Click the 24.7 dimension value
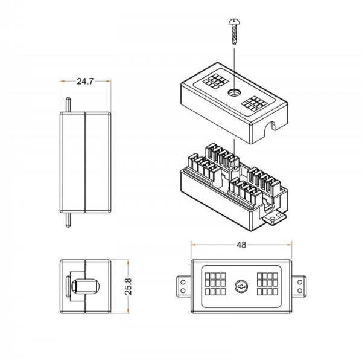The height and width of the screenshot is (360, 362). pos(85,81)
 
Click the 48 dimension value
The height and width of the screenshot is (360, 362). pos(241,245)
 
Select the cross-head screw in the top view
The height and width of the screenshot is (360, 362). pos(241,286)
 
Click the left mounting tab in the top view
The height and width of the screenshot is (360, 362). pos(183,286)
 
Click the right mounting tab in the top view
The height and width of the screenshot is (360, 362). pos(299,286)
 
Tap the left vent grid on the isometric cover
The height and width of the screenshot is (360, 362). pos(213,81)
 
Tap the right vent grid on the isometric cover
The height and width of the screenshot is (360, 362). pos(254,103)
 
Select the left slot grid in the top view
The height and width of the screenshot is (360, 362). pos(216,286)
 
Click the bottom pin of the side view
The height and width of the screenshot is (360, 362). pos(69,219)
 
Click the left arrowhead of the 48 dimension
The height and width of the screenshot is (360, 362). pos(194,245)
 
